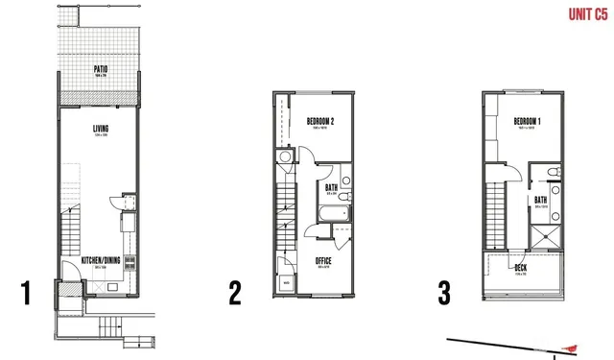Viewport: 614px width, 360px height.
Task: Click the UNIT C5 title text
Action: click(586, 13)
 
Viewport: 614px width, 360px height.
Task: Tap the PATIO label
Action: click(100, 69)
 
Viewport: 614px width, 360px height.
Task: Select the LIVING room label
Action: click(100, 128)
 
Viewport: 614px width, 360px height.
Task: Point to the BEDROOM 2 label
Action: click(320, 121)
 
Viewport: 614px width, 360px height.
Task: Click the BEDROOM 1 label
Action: click(528, 121)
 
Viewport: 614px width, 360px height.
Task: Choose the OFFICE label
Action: click(323, 260)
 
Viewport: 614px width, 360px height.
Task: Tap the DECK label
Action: click(521, 268)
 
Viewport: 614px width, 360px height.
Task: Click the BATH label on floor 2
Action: click(330, 188)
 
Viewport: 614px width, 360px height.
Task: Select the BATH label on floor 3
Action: click(541, 200)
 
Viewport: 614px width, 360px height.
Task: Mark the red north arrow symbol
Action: click(572, 348)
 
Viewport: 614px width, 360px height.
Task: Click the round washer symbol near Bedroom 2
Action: click(284, 157)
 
